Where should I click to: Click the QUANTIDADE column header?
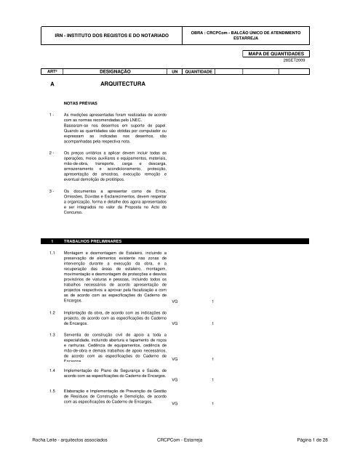[x=199, y=73]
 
